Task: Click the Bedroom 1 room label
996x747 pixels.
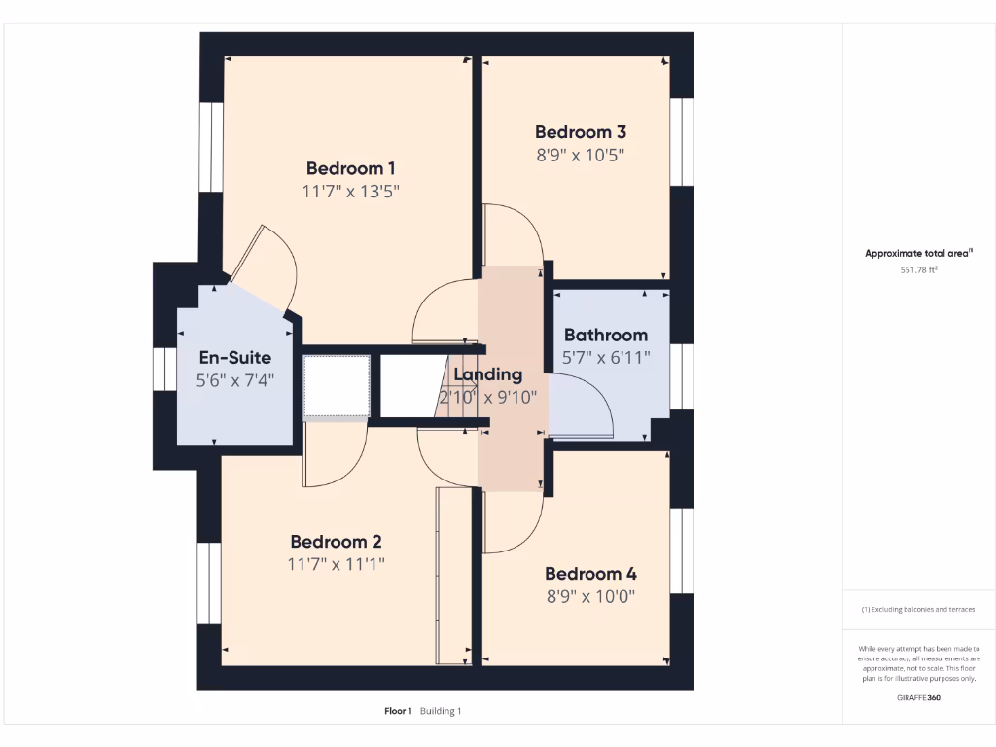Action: [x=350, y=167]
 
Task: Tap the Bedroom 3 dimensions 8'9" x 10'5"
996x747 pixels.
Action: [x=580, y=155]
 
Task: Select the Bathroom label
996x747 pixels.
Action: [x=605, y=335]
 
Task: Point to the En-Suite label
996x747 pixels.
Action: [x=234, y=358]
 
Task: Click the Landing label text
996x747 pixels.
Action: [x=489, y=374]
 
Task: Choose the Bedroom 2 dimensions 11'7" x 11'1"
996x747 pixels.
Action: [x=336, y=564]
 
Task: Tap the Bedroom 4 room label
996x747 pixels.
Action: [x=590, y=574]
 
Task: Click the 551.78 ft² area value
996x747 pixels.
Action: [x=918, y=269]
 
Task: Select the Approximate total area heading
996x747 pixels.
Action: [x=918, y=253]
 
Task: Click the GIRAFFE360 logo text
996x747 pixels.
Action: [x=918, y=697]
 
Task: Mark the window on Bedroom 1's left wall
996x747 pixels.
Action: [x=206, y=145]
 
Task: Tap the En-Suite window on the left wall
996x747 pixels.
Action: [x=160, y=369]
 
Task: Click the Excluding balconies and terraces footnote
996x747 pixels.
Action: [x=918, y=610]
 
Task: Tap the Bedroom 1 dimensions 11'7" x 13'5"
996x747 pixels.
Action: [x=350, y=191]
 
